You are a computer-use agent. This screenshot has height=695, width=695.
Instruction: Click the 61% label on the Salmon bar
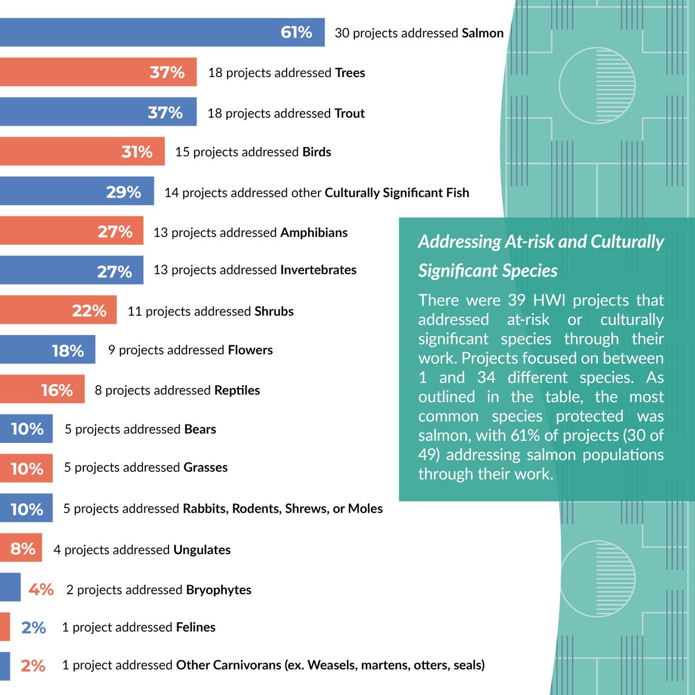click(296, 32)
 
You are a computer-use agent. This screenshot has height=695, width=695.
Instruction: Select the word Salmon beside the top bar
click(482, 33)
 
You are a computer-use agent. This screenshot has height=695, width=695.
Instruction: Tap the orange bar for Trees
click(98, 72)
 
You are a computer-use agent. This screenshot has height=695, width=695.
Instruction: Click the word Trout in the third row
click(349, 114)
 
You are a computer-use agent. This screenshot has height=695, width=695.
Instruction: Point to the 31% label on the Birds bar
click(137, 152)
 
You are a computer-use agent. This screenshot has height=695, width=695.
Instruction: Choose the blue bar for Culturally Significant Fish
click(77, 191)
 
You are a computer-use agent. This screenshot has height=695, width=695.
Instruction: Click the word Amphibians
click(314, 233)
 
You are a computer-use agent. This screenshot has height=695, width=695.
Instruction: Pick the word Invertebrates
click(318, 270)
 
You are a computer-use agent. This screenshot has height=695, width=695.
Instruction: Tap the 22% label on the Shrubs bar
click(89, 311)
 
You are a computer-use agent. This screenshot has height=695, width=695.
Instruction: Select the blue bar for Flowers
click(47, 349)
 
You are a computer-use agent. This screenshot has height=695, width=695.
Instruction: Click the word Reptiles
click(237, 390)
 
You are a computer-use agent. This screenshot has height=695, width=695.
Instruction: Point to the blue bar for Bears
click(26, 429)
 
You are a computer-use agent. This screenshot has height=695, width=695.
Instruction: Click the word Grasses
click(206, 467)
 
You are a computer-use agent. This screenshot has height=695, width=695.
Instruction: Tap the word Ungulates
click(202, 550)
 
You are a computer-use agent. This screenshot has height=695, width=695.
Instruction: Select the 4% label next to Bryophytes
click(41, 590)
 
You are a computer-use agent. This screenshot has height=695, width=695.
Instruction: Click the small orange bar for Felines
click(5, 627)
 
